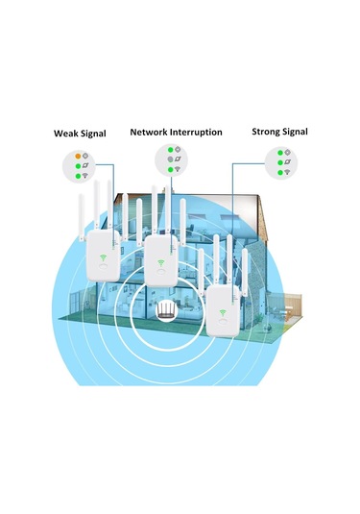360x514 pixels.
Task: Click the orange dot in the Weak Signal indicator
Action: pyautogui.click(x=78, y=156)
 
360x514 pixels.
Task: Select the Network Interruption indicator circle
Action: pyautogui.click(x=174, y=159)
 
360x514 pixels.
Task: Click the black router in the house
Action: pyautogui.click(x=168, y=311)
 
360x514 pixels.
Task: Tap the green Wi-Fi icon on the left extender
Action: pyautogui.click(x=101, y=257)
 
